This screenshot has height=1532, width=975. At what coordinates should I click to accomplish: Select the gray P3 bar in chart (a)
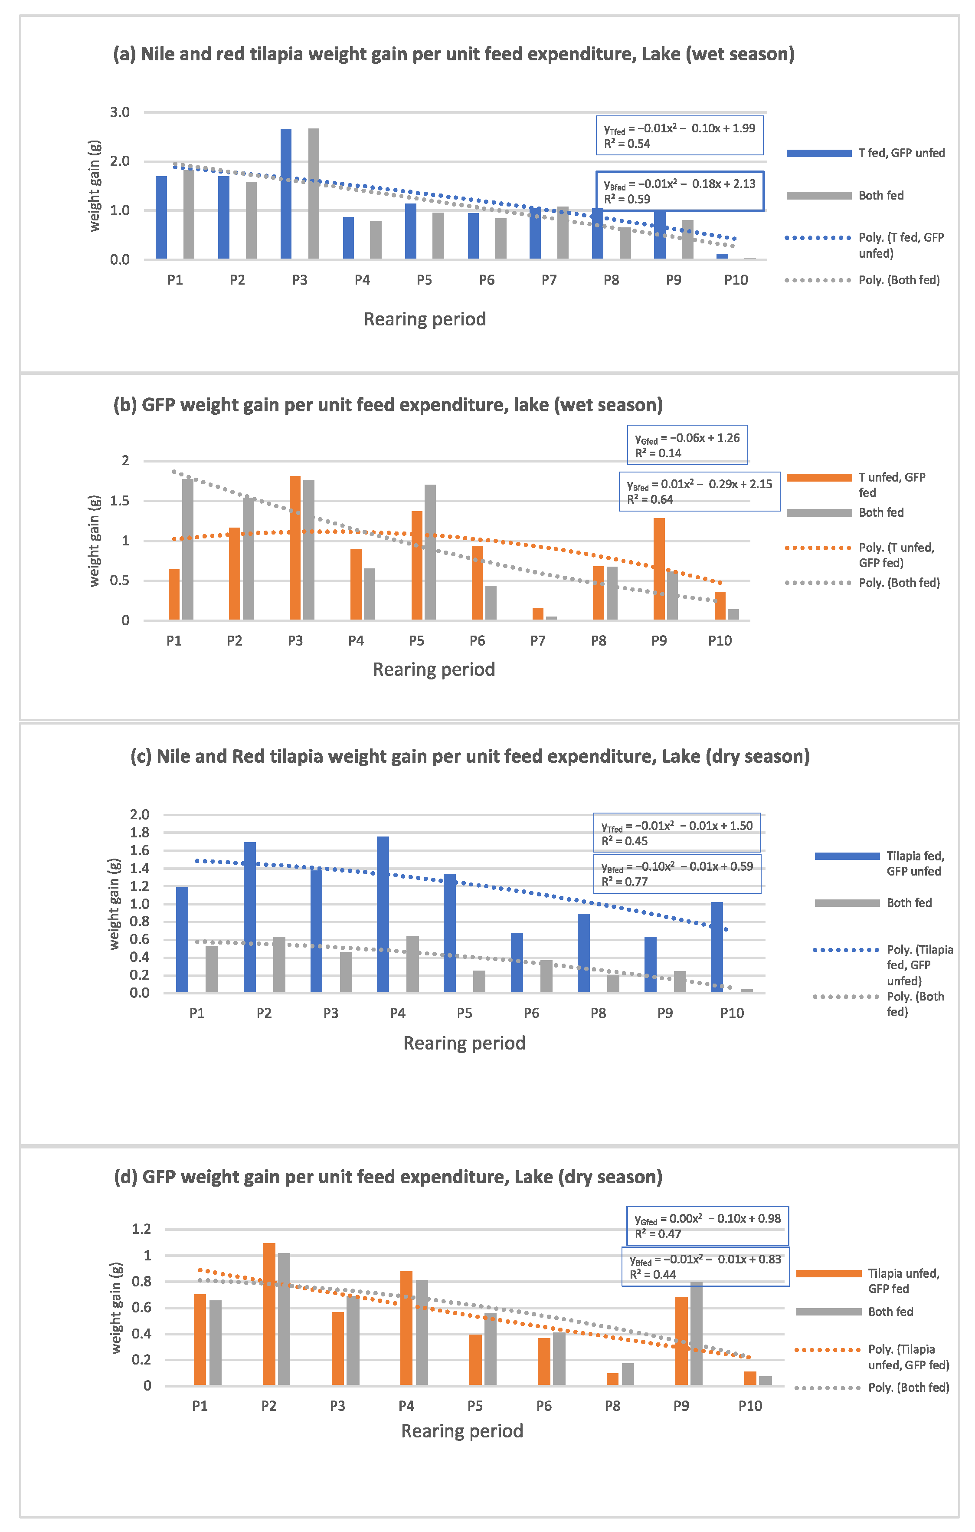point(314,194)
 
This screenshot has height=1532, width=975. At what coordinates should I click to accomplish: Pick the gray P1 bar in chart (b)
point(188,549)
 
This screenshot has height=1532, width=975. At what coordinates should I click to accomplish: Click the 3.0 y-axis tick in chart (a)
point(120,113)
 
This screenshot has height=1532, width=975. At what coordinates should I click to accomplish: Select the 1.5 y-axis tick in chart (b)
point(120,501)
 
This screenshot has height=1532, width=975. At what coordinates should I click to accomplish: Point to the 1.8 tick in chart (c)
point(139,832)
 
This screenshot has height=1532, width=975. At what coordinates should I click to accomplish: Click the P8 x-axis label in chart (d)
point(612,1406)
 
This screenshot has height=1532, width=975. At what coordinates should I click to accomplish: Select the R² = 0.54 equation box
point(679,135)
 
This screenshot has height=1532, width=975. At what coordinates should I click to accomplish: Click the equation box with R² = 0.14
point(687,445)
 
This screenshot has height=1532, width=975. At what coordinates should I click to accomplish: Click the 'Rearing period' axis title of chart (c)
point(464,1043)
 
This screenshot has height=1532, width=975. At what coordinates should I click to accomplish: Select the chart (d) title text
point(388,1177)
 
